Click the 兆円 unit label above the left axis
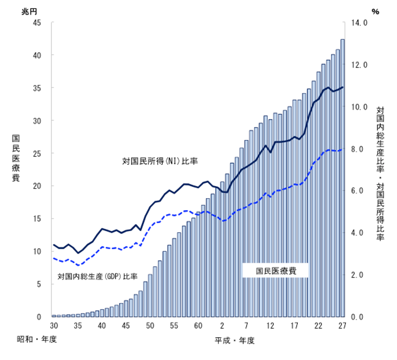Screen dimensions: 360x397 [x=29, y=11]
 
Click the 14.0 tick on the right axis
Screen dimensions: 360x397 [x=359, y=23]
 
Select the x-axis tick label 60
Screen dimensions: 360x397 [x=198, y=325]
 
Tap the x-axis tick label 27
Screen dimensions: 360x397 [x=342, y=325]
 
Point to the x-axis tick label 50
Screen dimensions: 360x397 [x=150, y=325]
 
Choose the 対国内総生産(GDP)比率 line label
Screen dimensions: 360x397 [x=97, y=276]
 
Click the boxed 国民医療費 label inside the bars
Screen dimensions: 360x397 [x=276, y=271]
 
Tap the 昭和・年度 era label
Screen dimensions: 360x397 [x=37, y=340]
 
